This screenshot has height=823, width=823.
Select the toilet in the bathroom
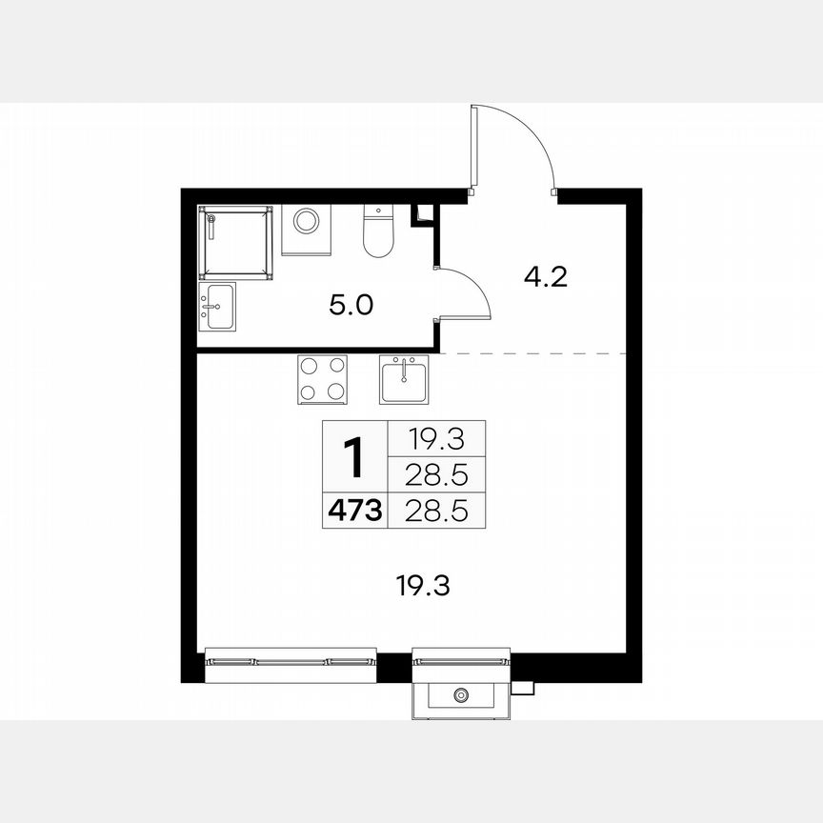378,232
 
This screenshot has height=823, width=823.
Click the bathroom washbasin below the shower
218,307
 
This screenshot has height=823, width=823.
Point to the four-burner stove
322,378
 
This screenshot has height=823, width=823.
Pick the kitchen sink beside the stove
405,379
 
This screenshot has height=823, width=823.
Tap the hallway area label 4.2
546,277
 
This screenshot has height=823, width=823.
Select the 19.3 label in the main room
422,585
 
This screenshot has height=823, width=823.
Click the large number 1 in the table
353,459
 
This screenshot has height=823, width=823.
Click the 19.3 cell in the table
436,439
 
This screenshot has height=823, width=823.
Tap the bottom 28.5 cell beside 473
436,512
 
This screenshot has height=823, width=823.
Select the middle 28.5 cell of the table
436,474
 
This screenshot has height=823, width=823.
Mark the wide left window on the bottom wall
291,660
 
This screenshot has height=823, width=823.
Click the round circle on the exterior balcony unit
462,694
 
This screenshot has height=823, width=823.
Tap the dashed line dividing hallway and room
533,353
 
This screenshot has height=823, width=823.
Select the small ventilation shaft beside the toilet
422,215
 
